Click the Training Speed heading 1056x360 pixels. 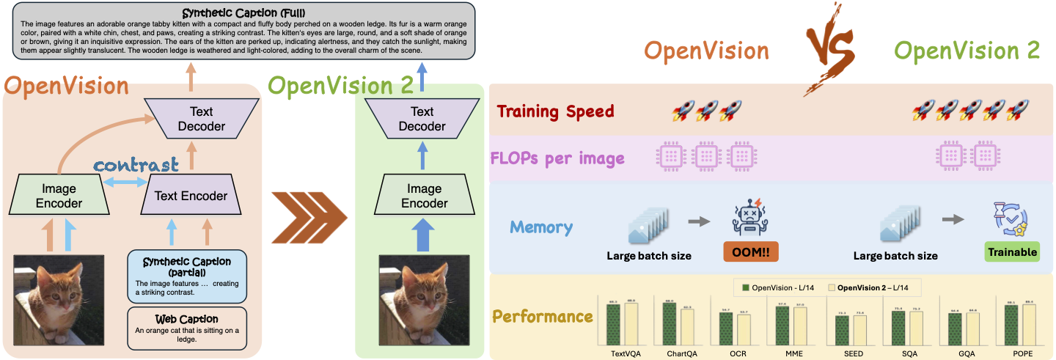555,112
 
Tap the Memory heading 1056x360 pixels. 540,227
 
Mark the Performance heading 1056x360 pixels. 542,317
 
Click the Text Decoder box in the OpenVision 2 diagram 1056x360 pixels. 422,119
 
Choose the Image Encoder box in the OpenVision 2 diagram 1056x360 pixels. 423,196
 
